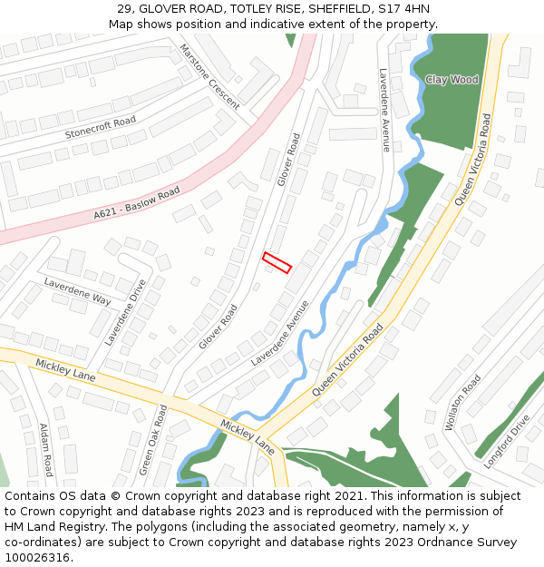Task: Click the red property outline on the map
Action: tap(277, 262)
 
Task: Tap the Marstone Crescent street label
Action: tap(209, 77)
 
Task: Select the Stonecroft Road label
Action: tap(100, 127)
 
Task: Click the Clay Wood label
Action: tap(452, 80)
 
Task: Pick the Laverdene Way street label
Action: tap(77, 291)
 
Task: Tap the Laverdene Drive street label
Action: tap(125, 311)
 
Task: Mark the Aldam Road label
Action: tap(45, 449)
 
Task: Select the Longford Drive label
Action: tap(505, 442)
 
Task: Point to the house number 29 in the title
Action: tap(125, 9)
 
